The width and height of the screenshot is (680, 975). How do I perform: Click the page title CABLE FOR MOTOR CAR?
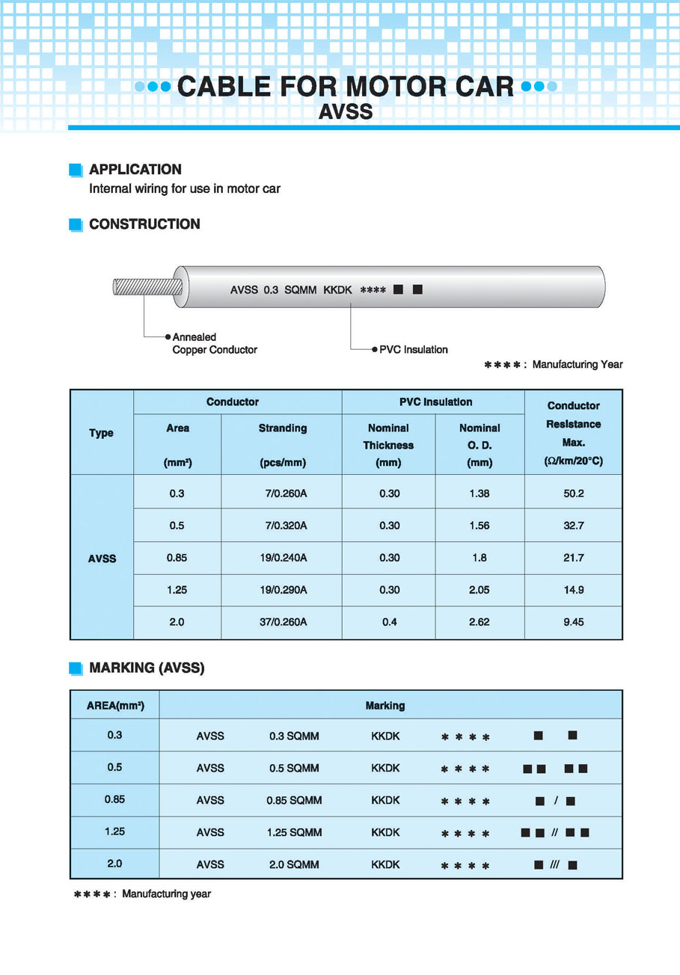point(345,87)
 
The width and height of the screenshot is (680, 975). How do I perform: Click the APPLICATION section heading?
point(135,170)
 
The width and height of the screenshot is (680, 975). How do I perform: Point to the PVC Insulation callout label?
point(413,349)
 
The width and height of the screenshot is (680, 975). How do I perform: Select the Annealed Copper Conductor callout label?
point(215,343)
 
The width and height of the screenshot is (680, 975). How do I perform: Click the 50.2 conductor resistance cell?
point(574,493)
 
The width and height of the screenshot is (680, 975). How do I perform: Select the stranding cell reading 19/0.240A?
point(284,558)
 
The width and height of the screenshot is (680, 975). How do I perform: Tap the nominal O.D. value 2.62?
point(480,622)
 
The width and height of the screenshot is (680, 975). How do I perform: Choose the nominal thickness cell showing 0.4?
point(389,622)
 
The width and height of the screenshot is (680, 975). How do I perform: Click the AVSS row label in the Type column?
point(102,559)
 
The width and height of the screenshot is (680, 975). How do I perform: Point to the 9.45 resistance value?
point(574,622)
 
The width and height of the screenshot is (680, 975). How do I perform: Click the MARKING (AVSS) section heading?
point(146,668)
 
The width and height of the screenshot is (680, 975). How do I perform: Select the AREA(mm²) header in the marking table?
point(115,705)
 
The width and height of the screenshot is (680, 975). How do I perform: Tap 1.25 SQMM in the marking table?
point(294,832)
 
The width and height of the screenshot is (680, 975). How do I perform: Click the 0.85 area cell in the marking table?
point(114,799)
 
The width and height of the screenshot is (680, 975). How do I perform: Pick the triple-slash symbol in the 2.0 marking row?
point(554,865)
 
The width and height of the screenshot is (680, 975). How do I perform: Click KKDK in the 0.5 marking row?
point(385,768)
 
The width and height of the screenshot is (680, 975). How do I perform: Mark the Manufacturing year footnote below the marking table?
point(142,894)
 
